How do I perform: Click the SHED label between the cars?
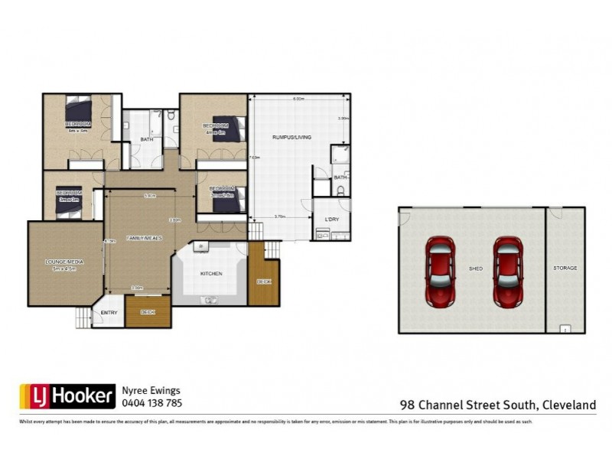pyautogui.click(x=476, y=269)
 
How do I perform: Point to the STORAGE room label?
pyautogui.click(x=565, y=269)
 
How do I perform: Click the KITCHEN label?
pyautogui.click(x=211, y=273)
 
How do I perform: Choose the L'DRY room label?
pyautogui.click(x=331, y=220)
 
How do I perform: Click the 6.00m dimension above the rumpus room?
pyautogui.click(x=298, y=99)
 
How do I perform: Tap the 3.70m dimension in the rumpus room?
pyautogui.click(x=280, y=217)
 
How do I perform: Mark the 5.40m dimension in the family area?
pyautogui.click(x=151, y=196)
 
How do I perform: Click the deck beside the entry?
pyautogui.click(x=148, y=313)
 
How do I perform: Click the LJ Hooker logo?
pyautogui.click(x=66, y=396)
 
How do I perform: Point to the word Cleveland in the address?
pyautogui.click(x=569, y=405)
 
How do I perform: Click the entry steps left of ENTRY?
pyautogui.click(x=83, y=317)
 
